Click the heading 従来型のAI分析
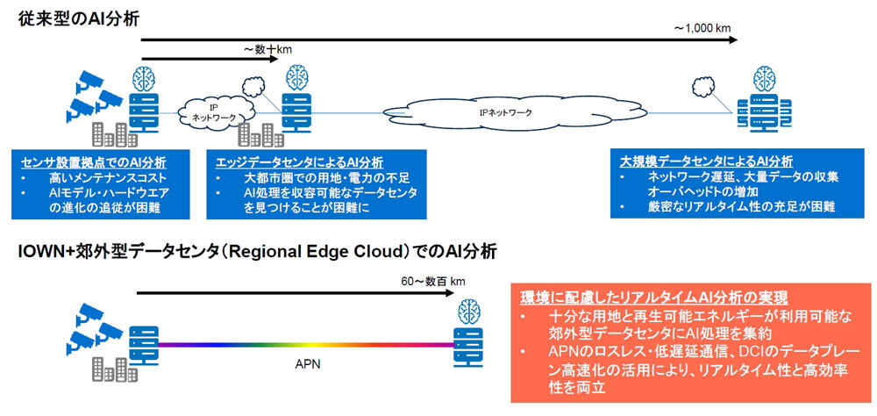[x=78, y=18]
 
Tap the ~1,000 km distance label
[x=702, y=28]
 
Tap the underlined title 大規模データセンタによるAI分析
[x=706, y=161]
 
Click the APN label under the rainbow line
[x=303, y=359]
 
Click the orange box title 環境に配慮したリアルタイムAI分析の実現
[x=652, y=296]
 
